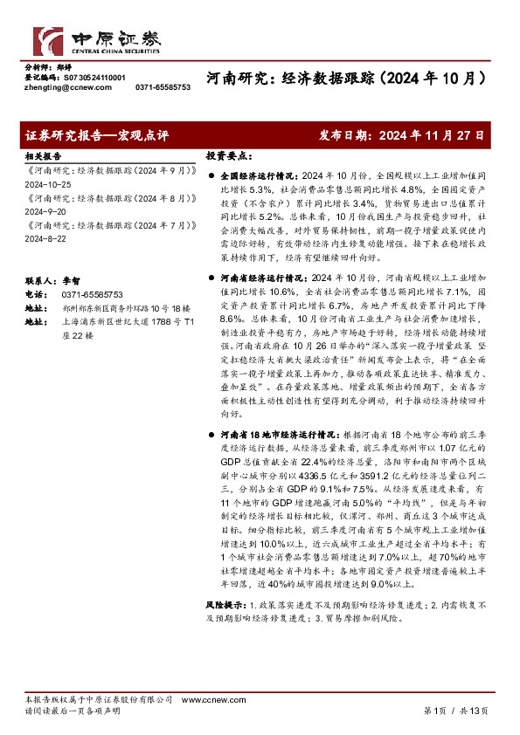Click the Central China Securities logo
(97, 39)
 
